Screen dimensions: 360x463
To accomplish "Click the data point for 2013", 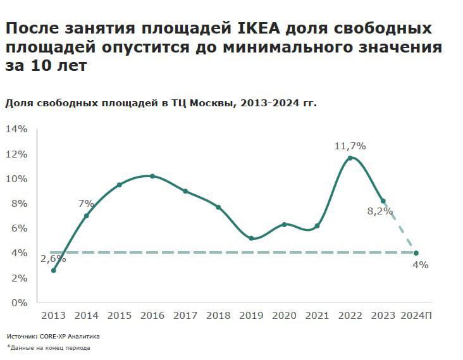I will click(x=54, y=270).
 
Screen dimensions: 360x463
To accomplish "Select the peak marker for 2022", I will click(x=350, y=158).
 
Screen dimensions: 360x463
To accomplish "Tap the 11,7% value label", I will click(x=350, y=146).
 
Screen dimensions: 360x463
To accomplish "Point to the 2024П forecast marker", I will click(x=416, y=253).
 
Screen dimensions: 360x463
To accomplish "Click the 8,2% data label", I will click(x=380, y=211).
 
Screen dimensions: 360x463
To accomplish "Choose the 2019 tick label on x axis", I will click(x=251, y=315).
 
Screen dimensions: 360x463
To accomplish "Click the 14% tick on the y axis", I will click(x=16, y=129).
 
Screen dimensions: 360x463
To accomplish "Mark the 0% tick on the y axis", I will click(x=20, y=302).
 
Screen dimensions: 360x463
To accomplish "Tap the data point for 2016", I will click(x=152, y=176).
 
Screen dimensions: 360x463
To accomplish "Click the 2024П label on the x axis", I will click(x=416, y=315).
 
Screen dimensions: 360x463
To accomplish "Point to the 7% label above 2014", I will click(x=86, y=204).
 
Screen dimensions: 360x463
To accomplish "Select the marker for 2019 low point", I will click(x=251, y=239).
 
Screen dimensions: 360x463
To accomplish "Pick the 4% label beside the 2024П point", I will click(x=420, y=265).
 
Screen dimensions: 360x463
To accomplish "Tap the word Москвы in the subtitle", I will click(x=207, y=104).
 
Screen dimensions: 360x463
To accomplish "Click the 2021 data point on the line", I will click(x=317, y=226).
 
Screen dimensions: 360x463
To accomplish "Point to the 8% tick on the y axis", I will click(x=20, y=204).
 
